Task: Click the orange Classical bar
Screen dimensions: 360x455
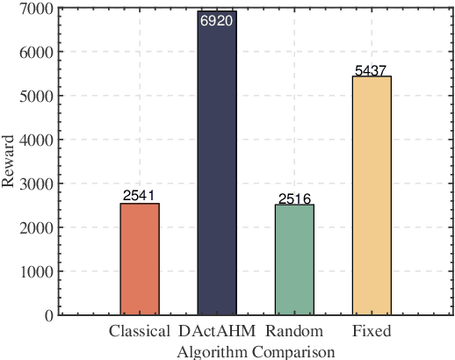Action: (x=140, y=259)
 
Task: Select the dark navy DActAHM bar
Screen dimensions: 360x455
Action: (x=217, y=162)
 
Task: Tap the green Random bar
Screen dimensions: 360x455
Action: (x=294, y=260)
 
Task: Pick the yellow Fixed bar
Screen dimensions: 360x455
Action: (x=372, y=195)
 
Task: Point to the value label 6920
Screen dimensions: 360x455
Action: (x=216, y=20)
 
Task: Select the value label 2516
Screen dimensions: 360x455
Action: (x=294, y=198)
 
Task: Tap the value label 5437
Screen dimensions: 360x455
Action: (x=372, y=70)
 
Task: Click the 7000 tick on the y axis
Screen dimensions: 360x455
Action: (x=35, y=9)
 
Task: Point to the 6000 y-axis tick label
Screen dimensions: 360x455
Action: (x=35, y=53)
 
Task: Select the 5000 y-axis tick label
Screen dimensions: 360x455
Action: (x=35, y=97)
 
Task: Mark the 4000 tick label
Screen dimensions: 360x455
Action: (x=35, y=140)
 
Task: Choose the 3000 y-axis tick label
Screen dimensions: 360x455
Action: (x=35, y=184)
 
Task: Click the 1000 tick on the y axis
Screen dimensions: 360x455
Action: (x=35, y=271)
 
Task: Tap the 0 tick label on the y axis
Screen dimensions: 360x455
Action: (x=47, y=315)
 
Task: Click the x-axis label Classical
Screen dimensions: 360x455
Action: (x=140, y=332)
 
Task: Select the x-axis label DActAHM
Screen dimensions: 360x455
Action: (x=216, y=332)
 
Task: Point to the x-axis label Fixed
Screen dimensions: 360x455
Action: (x=372, y=332)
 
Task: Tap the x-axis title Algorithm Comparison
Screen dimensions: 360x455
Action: (x=255, y=351)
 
